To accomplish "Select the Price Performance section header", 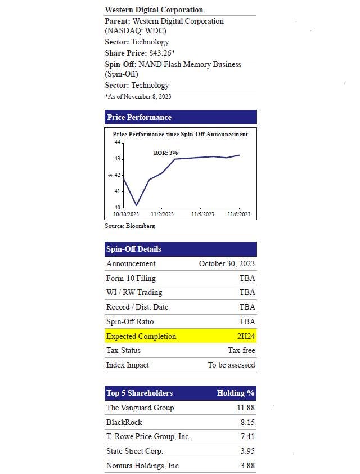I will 139,117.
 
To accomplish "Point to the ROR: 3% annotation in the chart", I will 166,153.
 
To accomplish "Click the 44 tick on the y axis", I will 117,142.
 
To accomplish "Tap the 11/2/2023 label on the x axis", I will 163,214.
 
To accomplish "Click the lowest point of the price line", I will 136,205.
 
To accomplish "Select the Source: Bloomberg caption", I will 129,226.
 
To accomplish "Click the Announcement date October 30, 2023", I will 227,263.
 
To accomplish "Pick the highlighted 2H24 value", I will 246,336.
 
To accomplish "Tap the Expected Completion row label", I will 141,336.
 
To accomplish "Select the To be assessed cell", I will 231,365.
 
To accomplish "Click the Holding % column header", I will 236,393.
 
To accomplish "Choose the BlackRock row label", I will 124,422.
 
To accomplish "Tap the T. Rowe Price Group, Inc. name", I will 148,436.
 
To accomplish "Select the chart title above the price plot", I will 180,134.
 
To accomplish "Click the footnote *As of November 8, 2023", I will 138,96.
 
